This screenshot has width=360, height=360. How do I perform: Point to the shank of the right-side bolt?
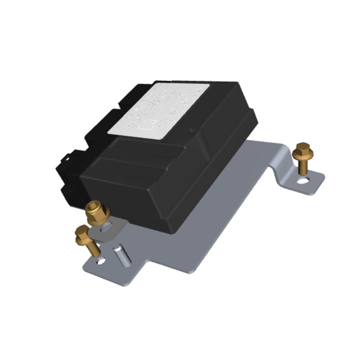pyautogui.click(x=304, y=168)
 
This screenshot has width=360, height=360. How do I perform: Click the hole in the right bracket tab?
pyautogui.click(x=303, y=181)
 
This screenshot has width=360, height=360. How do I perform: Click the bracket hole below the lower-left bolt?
pyautogui.click(x=101, y=262)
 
